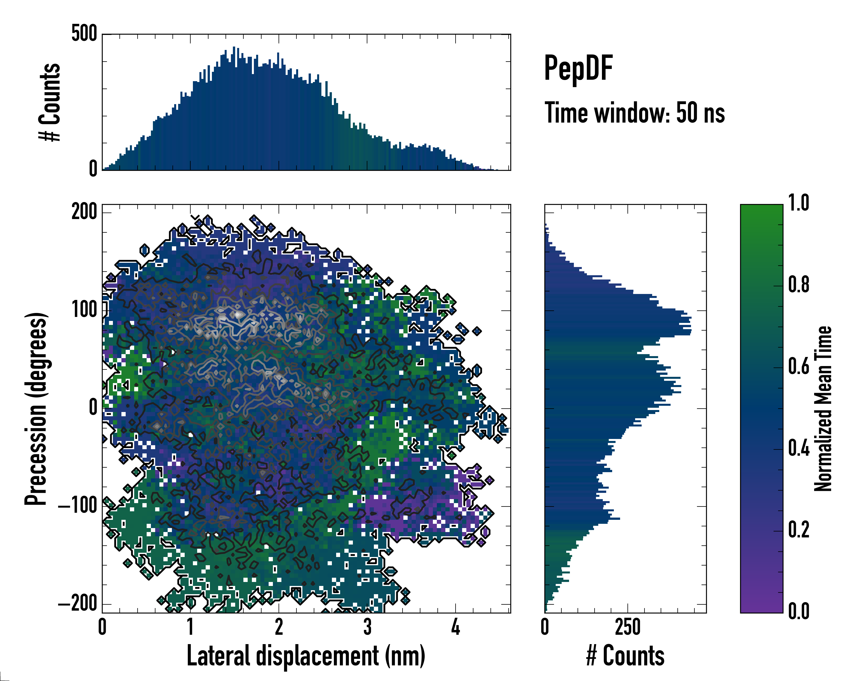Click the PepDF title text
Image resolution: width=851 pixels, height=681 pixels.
coord(578,69)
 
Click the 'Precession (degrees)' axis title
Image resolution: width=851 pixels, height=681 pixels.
coord(36,408)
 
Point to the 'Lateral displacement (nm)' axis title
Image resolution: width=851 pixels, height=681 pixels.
coord(306,656)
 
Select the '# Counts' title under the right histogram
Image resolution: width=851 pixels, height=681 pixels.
coord(625,656)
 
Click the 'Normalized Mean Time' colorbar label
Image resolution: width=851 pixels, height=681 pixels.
coord(823,408)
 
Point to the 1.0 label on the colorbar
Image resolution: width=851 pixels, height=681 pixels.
coord(799,204)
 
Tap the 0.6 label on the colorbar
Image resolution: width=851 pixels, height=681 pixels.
coord(799,367)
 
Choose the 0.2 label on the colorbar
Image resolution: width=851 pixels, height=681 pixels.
coord(799,530)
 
